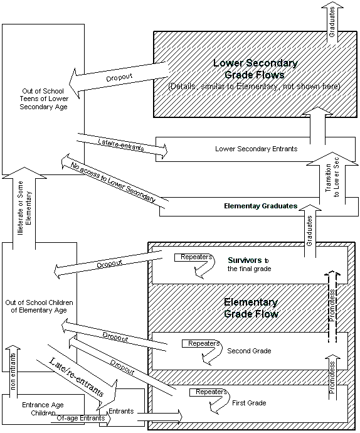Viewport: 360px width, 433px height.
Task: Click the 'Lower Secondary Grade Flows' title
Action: [255, 68]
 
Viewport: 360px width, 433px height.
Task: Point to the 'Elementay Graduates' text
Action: [260, 206]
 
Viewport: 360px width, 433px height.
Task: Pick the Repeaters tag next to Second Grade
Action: [200, 344]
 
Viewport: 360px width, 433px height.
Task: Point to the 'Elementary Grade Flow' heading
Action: [251, 307]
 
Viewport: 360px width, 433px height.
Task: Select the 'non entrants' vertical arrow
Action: [13, 373]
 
